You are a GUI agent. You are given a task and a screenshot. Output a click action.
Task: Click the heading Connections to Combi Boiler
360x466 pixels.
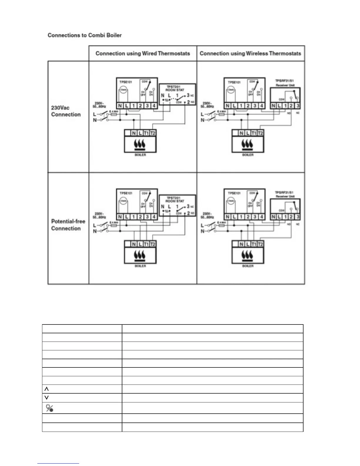point(84,35)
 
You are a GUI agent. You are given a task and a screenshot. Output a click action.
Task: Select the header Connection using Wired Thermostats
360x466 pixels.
point(143,54)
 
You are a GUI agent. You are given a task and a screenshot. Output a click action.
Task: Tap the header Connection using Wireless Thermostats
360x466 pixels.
point(250,54)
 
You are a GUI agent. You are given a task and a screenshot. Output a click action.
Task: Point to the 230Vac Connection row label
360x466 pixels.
point(66,111)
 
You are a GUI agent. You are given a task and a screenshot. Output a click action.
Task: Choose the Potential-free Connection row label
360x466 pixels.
point(68,225)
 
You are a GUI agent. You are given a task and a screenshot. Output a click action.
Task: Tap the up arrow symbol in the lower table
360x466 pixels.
point(46,389)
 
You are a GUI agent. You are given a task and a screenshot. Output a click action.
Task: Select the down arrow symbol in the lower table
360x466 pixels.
point(46,397)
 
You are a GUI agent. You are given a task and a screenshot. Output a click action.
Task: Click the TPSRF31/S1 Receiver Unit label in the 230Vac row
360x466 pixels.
point(284,83)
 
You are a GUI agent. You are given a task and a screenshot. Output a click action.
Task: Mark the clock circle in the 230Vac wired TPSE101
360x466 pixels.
point(124,90)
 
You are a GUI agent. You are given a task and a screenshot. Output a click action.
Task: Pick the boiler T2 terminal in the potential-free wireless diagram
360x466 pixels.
point(260,244)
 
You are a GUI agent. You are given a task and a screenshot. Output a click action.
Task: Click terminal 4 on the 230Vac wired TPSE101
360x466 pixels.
point(154,106)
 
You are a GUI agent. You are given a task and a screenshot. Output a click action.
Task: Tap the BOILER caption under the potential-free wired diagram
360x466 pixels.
point(140,266)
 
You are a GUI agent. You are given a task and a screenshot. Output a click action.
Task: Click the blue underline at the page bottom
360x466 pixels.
point(58,463)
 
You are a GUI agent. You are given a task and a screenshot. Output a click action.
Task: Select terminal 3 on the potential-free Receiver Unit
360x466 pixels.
point(298,217)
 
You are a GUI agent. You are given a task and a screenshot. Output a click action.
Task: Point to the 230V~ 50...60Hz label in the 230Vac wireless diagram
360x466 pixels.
point(207,105)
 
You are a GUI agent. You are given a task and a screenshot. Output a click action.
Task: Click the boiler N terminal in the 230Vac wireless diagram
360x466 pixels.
point(241,133)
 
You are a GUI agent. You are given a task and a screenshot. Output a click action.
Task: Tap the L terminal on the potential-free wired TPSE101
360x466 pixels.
point(126,217)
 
